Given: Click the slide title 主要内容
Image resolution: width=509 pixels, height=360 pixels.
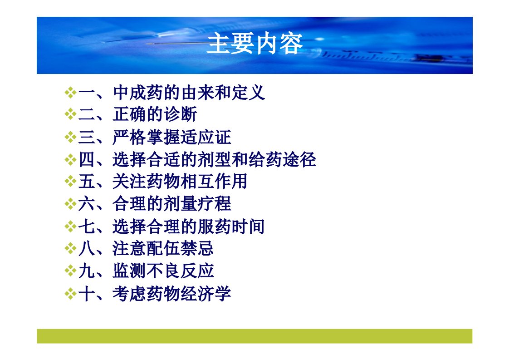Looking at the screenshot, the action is tap(254, 44).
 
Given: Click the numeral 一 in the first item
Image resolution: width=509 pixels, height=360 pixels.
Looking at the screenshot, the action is tap(86, 93).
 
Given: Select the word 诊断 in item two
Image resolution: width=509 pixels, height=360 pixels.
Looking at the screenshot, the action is tap(180, 114).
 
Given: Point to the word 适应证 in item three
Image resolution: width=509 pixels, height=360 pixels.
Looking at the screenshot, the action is tap(206, 137).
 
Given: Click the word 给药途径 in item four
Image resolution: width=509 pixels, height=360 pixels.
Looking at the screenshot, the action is tap(283, 159).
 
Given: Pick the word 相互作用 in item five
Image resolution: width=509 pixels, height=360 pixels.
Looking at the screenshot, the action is tap(214, 181).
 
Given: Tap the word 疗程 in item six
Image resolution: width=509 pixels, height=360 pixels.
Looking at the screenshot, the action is tap(214, 204).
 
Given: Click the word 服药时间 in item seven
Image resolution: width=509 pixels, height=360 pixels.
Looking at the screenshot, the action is tap(231, 227).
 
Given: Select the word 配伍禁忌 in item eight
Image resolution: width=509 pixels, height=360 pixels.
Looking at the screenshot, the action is tap(180, 249).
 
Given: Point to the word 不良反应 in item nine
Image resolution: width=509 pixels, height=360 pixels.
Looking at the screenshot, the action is tap(180, 271).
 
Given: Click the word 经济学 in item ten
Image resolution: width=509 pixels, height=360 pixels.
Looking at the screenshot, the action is tap(206, 293).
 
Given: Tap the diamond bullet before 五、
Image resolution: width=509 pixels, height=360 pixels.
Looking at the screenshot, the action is tap(70, 181).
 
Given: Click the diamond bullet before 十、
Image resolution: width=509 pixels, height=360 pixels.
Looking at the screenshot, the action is tap(70, 294).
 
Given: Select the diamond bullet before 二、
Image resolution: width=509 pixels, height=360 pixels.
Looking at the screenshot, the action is tap(70, 114).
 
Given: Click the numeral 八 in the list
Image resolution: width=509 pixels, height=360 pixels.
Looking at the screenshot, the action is tap(86, 249).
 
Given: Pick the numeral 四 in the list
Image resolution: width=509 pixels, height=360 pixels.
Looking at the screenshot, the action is tap(86, 159).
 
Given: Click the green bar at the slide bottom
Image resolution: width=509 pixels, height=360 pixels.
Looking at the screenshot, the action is tap(254, 336).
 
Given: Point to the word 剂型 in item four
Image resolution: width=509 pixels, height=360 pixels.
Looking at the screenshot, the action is tap(214, 159).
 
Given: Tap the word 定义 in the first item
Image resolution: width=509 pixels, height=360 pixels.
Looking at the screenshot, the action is tap(248, 93).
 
